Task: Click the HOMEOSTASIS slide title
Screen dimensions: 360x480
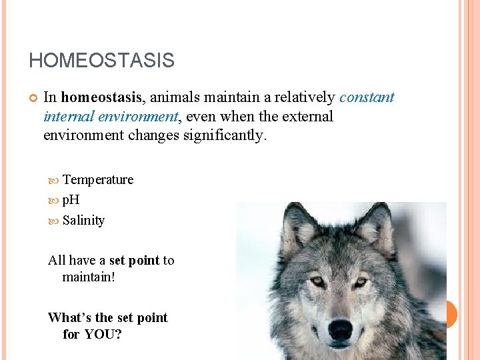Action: tap(101, 61)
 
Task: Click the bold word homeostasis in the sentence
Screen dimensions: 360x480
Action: tap(101, 97)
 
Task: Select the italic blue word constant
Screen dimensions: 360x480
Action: tap(367, 97)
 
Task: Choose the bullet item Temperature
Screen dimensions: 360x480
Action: tap(97, 179)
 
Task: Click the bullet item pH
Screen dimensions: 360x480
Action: tap(71, 200)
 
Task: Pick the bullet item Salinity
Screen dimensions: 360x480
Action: tap(83, 220)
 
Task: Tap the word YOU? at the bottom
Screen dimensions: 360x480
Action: tap(103, 334)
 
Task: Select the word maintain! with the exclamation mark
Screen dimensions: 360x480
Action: tap(89, 276)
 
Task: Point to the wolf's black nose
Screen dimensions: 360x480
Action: tap(340, 329)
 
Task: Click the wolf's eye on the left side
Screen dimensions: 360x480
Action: tap(317, 281)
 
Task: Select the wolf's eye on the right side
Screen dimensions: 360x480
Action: tap(361, 281)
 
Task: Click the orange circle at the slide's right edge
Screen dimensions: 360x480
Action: tap(451, 314)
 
